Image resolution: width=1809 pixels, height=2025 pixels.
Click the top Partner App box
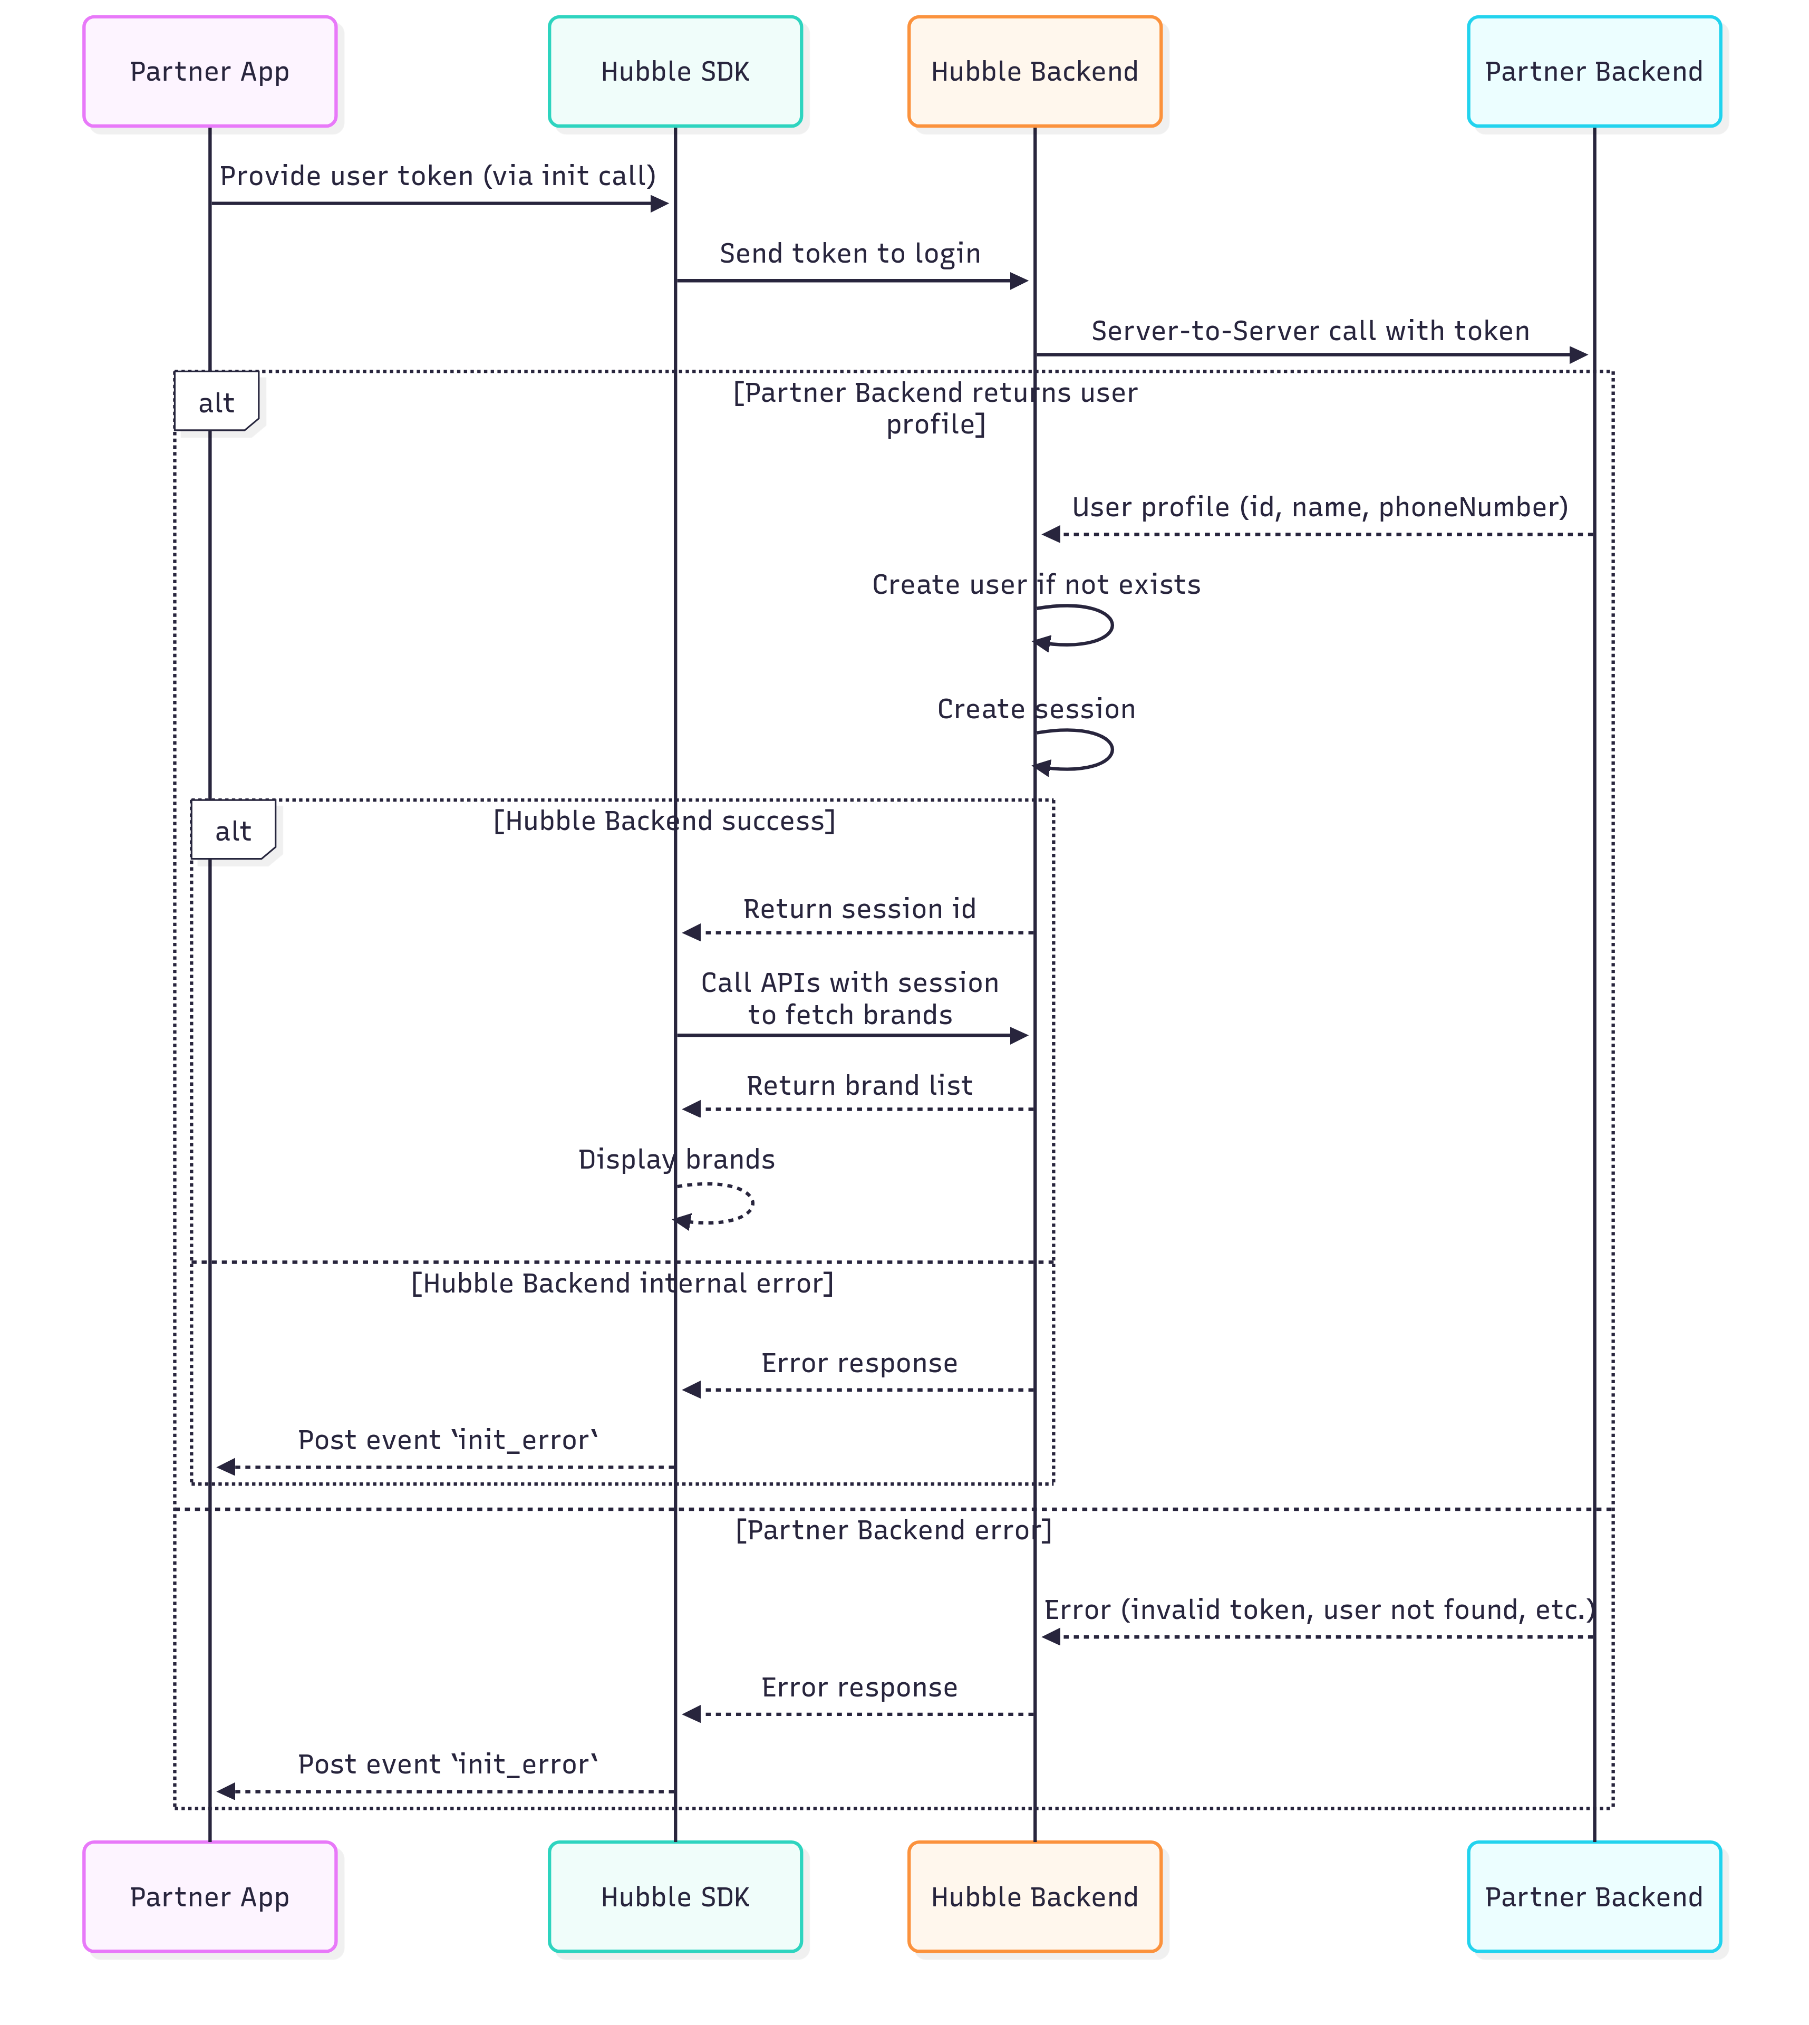click(x=210, y=72)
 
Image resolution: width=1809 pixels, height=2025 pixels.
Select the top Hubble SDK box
click(x=675, y=72)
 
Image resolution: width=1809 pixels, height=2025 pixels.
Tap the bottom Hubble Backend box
click(x=1034, y=1897)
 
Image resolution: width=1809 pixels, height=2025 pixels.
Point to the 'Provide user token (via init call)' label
click(x=437, y=176)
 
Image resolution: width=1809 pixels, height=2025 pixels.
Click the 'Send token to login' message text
click(x=850, y=254)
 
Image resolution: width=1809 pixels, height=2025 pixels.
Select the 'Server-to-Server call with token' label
click(x=1310, y=331)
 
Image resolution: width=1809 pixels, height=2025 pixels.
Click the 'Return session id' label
click(x=860, y=909)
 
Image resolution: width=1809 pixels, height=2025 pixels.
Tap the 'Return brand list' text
click(x=860, y=1086)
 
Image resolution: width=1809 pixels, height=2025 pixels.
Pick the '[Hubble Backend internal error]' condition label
click(x=622, y=1284)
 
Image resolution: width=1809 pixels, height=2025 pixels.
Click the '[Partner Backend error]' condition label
click(x=893, y=1530)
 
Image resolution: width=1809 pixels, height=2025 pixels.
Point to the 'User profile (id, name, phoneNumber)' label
click(x=1320, y=507)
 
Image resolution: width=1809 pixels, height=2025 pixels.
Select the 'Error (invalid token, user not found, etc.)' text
click(x=1320, y=1609)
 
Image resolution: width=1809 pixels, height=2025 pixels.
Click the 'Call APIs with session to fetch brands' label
click(x=850, y=998)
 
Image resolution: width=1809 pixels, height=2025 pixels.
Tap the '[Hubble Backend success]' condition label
click(x=664, y=821)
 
